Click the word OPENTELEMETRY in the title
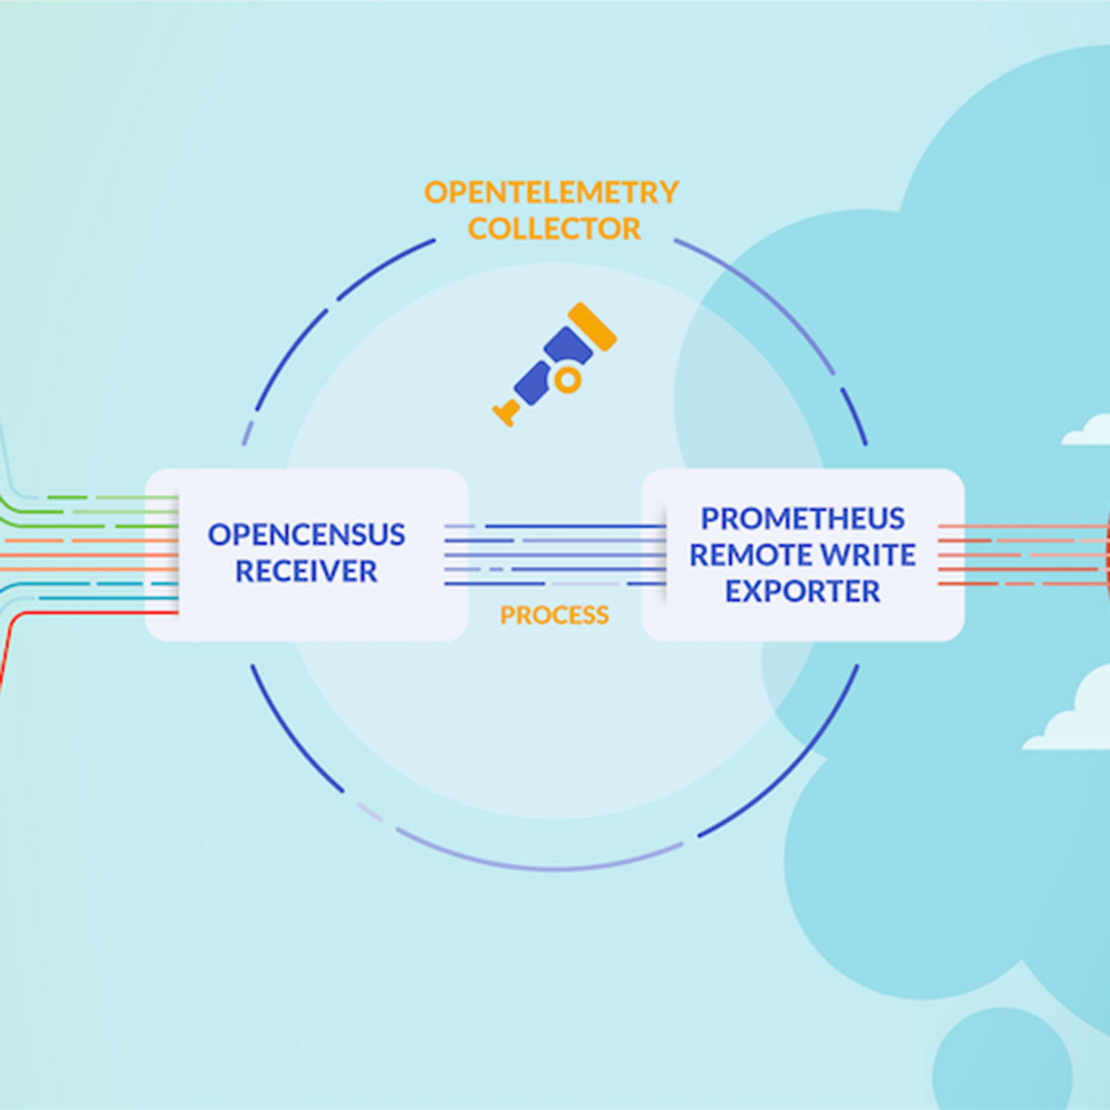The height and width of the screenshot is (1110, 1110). (551, 192)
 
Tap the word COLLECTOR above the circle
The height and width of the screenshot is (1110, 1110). (553, 228)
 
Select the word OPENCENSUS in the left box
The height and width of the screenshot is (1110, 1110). (306, 535)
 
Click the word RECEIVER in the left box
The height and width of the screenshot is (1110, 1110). (306, 572)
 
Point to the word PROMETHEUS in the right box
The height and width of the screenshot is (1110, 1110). (802, 518)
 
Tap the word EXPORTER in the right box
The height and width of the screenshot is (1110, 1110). (802, 591)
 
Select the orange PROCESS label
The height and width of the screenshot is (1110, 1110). (554, 615)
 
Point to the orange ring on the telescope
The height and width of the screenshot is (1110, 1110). (568, 379)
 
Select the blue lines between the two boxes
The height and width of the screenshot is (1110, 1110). (555, 555)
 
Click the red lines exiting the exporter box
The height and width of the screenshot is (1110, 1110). (1017, 555)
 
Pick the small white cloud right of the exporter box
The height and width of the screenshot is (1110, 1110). (1088, 433)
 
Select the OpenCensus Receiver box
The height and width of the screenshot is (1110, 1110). (306, 555)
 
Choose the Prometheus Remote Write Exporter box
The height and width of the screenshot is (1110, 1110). (802, 555)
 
